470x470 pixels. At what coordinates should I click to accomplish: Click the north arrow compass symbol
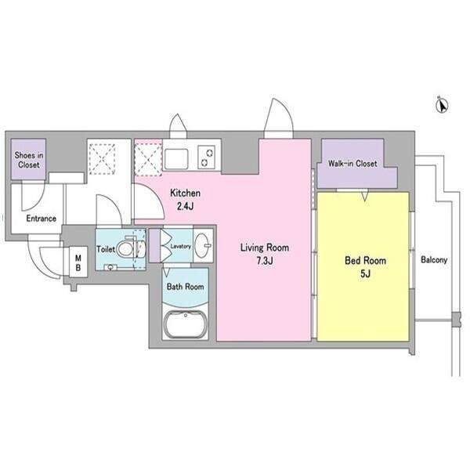click(442, 105)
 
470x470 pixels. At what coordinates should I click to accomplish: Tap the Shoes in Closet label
click(29, 160)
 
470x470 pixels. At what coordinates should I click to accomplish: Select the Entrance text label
click(41, 219)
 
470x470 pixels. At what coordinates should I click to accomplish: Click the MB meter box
click(78, 262)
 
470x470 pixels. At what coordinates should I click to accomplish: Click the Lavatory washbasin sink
click(203, 245)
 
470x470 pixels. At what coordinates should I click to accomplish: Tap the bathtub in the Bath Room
click(186, 325)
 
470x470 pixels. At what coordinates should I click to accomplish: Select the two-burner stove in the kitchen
click(206, 157)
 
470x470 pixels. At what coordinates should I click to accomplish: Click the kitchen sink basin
click(176, 159)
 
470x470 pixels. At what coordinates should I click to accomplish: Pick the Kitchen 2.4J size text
click(185, 199)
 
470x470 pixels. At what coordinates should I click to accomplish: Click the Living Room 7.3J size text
click(265, 254)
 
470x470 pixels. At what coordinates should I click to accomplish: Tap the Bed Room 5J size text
click(365, 267)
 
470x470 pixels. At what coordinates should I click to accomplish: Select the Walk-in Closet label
click(352, 164)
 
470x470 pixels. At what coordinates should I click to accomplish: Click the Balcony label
click(434, 260)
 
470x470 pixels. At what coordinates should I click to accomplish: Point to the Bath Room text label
click(185, 287)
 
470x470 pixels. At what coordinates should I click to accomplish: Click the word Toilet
click(106, 249)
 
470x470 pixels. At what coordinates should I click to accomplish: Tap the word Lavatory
click(180, 247)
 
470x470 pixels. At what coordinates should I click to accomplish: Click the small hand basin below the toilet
click(110, 267)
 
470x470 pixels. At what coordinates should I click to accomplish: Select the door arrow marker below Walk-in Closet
click(364, 197)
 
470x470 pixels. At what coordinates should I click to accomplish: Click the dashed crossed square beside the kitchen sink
click(148, 159)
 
